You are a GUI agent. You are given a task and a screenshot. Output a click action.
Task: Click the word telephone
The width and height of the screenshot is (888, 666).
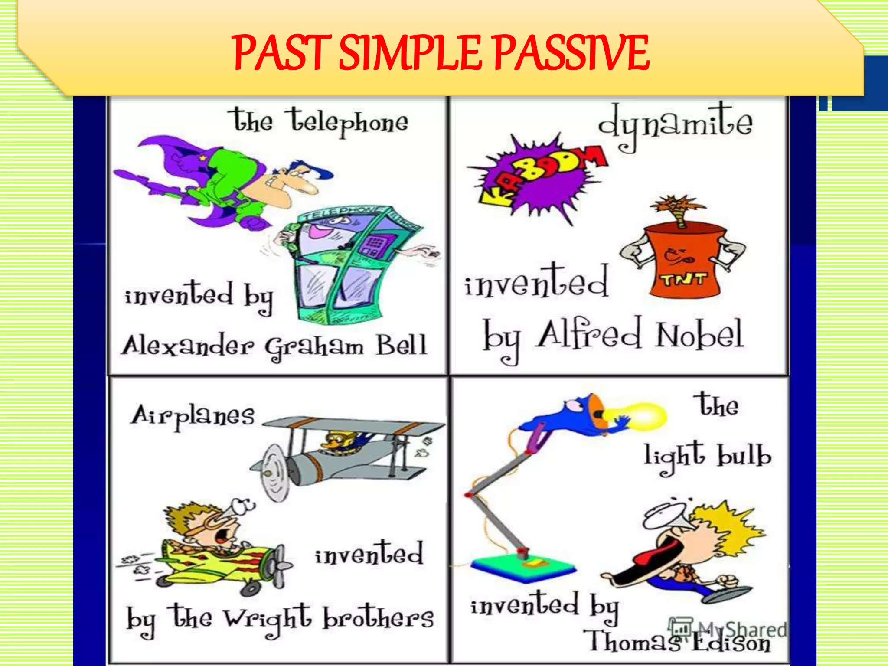349,122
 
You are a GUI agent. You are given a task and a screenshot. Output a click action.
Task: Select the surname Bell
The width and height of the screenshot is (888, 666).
401,346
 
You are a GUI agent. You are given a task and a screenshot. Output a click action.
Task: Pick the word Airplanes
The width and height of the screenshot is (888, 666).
193,415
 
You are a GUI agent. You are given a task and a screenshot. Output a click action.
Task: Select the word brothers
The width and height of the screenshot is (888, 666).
378,617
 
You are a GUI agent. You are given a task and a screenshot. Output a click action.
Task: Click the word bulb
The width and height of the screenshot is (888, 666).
744,457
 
